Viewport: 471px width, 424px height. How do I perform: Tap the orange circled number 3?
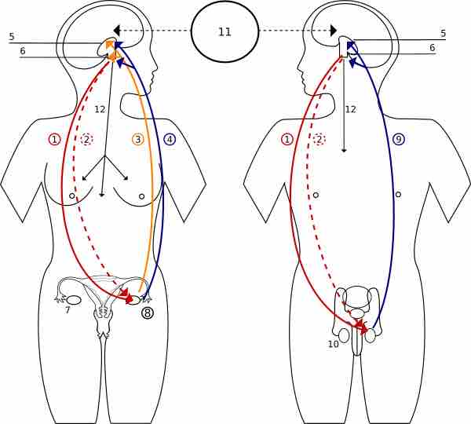point(137,139)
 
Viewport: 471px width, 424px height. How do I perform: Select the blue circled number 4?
point(170,139)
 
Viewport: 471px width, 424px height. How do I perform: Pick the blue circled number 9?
point(399,139)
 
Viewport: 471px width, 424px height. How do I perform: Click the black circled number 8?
point(148,313)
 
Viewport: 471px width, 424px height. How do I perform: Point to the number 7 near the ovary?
point(68,310)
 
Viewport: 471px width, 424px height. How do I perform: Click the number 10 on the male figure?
point(333,344)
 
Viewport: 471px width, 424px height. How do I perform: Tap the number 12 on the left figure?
point(100,109)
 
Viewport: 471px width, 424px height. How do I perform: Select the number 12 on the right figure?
point(350,109)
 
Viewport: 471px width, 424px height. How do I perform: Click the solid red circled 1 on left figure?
point(54,139)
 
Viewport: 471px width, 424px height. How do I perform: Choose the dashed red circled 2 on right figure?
point(319,139)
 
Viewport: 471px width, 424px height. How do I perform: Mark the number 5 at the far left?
point(11,36)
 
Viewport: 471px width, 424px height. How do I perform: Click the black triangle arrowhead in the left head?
point(116,30)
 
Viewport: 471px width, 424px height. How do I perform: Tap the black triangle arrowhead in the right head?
point(334,30)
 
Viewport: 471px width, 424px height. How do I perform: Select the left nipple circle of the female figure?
point(72,196)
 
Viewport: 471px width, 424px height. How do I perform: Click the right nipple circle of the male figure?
point(398,195)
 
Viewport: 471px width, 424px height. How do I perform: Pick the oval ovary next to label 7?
point(74,300)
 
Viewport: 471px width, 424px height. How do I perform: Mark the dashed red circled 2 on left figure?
point(87,139)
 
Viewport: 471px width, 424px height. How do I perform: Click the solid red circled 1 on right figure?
point(287,139)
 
